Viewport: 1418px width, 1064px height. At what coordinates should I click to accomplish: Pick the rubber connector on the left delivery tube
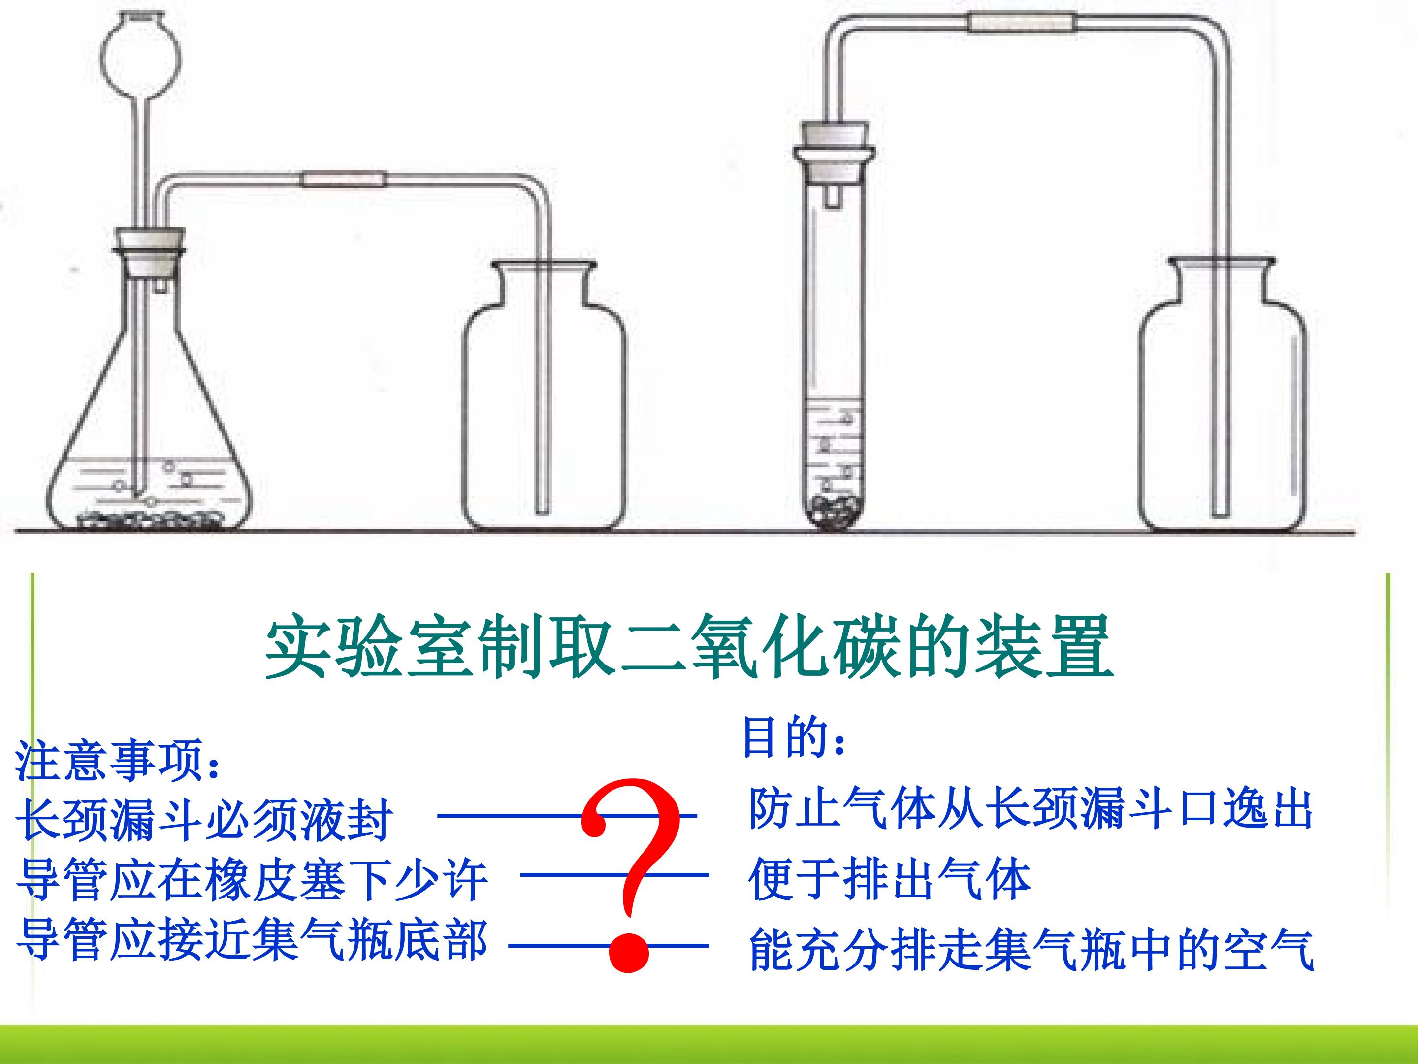coord(345,180)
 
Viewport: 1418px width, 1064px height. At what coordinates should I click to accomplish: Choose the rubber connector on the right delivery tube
coord(1022,23)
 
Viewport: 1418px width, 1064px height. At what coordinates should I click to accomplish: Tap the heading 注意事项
coord(118,761)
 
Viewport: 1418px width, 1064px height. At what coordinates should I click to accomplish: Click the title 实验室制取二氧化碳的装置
coord(690,646)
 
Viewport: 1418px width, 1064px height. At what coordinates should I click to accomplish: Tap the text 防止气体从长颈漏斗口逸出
coord(1030,809)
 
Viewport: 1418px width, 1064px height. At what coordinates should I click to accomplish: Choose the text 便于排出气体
coord(889,879)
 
